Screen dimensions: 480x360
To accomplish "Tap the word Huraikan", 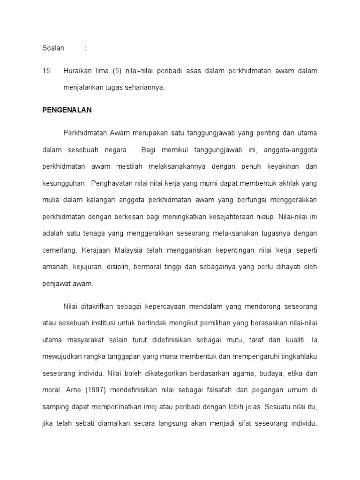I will coord(78,71).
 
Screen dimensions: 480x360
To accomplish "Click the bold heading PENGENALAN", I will coord(67,110).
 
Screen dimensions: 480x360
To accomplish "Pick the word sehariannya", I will coord(143,87).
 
